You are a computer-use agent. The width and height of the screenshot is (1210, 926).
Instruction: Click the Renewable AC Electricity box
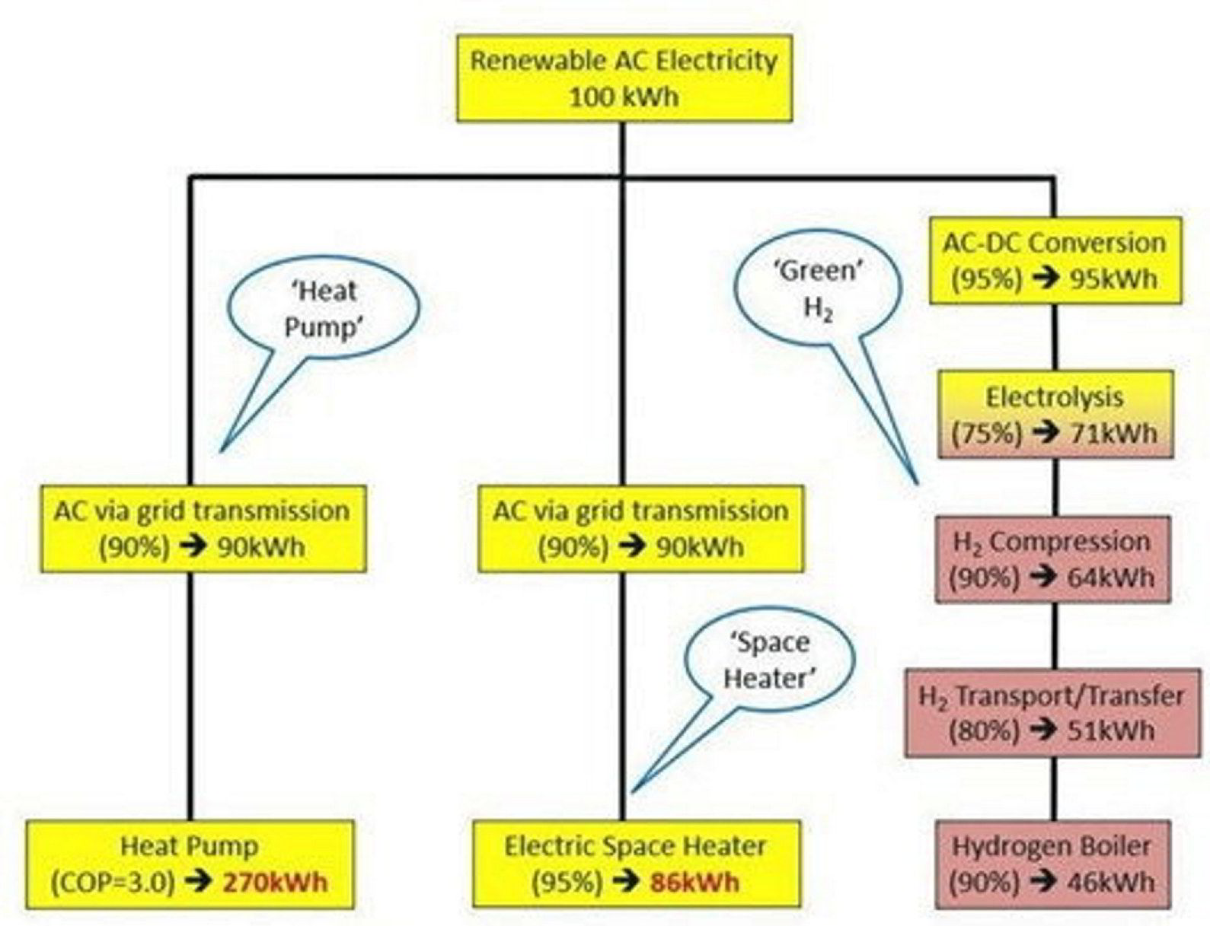pos(624,78)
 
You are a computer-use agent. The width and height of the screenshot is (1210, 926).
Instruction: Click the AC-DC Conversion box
pos(1055,260)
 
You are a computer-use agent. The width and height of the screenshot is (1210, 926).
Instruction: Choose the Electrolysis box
pos(1055,415)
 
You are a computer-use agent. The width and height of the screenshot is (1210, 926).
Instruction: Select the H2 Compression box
pos(1052,559)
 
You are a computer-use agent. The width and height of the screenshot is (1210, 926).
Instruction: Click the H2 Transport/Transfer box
pos(1052,713)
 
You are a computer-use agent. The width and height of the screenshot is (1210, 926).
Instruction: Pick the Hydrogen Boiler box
pos(1052,864)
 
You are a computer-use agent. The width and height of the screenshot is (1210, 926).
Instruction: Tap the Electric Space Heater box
pos(637,864)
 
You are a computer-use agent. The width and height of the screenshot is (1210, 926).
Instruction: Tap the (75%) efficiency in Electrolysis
pos(986,434)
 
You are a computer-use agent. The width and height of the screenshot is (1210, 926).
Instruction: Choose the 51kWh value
pos(1111,730)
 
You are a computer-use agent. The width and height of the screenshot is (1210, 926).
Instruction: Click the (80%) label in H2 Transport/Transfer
pos(984,730)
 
